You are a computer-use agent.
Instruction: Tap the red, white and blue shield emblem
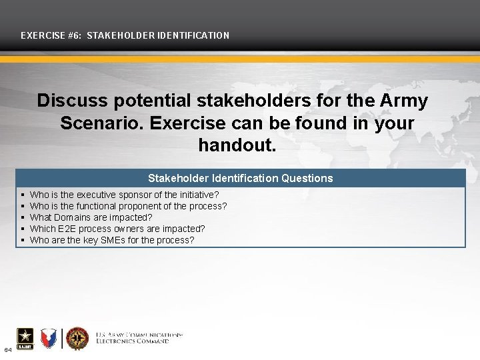[50, 338]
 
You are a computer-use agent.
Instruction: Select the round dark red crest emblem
[77, 338]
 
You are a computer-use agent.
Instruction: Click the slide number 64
[7, 349]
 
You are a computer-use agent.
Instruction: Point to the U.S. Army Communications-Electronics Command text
[139, 337]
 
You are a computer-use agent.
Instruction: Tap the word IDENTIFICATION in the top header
[195, 35]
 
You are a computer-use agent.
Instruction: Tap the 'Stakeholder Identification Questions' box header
[240, 178]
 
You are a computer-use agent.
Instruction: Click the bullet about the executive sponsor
[125, 195]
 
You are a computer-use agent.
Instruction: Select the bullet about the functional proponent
[129, 206]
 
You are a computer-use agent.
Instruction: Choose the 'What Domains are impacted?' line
[91, 217]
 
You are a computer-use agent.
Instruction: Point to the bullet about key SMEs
[112, 239]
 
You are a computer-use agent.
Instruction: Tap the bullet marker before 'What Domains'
[23, 217]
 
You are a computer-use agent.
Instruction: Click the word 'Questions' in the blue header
[307, 178]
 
